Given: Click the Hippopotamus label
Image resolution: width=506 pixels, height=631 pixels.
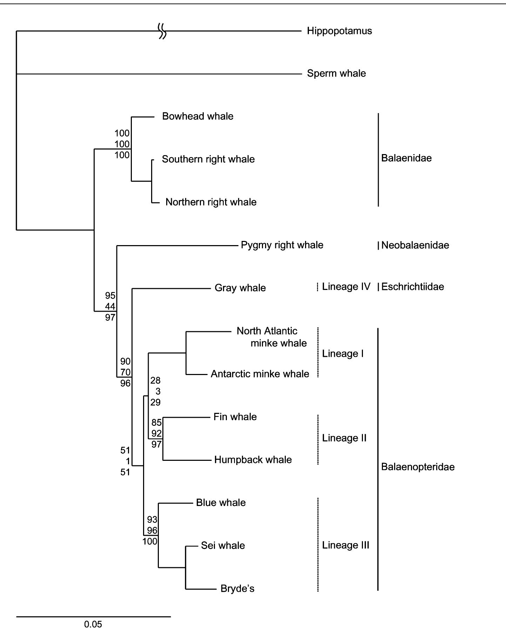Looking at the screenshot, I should point(339,31).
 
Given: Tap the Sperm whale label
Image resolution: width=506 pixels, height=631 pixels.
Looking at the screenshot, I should point(336,74).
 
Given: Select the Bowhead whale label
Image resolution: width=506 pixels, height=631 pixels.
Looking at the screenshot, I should point(197,116).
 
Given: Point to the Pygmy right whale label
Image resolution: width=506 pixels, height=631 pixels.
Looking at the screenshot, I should point(282,245).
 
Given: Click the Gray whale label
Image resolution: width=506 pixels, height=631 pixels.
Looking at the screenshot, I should point(240,288).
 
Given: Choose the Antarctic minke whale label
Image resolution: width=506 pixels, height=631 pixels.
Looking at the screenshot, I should point(260,374).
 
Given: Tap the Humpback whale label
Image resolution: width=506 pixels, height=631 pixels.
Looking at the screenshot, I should point(253,460).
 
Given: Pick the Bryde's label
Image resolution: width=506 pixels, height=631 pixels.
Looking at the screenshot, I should point(237,589).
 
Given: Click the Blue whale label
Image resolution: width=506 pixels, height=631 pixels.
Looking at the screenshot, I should point(221,503).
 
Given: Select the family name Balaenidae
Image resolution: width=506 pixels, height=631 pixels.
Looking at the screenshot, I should point(406,158).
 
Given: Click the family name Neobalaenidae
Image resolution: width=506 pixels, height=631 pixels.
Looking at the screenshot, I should point(415,245).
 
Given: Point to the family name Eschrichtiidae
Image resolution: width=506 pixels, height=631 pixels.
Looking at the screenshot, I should point(412,287).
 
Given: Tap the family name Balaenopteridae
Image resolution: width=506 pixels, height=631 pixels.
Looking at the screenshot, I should point(418,467).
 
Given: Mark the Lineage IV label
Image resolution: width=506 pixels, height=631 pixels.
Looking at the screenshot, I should point(346,287).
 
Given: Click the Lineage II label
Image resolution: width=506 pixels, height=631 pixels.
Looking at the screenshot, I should point(344,438).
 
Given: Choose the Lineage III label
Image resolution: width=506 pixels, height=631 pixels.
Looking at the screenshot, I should point(345,545).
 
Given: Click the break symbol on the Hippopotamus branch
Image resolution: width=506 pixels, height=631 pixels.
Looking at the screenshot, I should point(162,31).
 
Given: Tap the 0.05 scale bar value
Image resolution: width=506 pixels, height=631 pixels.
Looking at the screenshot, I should point(93,624).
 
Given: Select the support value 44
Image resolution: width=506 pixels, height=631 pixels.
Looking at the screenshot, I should point(110,307).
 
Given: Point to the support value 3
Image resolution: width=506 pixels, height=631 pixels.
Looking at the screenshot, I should point(158,391).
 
